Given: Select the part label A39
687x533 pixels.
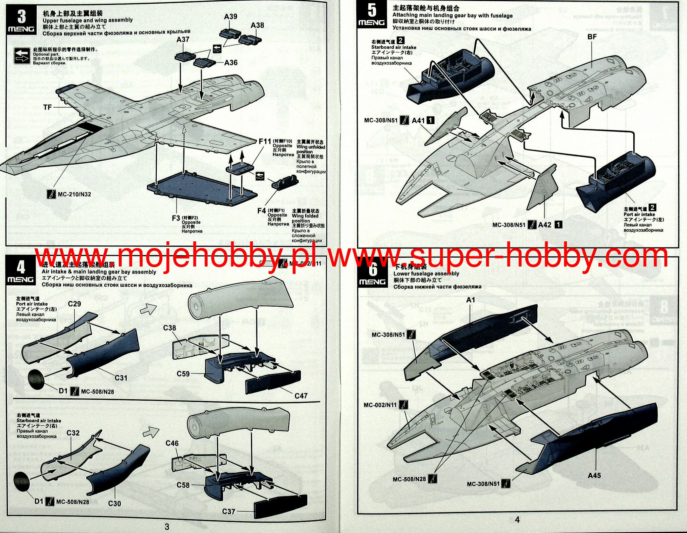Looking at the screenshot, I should (230, 16).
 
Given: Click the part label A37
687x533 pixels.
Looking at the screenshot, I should (183, 40).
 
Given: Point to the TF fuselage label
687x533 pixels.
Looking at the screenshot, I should (47, 107).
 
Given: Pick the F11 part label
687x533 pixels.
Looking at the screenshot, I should (265, 141).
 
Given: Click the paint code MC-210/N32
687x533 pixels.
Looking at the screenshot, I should (74, 194).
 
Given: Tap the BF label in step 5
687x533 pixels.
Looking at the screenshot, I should (592, 37).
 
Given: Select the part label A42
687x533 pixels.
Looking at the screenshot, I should (544, 225).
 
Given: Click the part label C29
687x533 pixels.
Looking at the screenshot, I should (74, 304).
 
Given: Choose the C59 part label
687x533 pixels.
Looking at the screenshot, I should (183, 374).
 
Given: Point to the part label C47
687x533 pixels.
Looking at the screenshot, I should (301, 396).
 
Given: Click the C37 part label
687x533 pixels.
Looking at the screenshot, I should (228, 511).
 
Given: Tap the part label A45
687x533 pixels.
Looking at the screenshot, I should (594, 475).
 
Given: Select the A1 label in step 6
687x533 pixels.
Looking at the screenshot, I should (471, 300).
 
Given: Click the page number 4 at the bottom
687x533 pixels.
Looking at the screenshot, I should (517, 520).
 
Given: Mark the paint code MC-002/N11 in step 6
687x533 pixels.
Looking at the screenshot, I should (380, 405).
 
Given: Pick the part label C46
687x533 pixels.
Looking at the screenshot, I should (172, 443).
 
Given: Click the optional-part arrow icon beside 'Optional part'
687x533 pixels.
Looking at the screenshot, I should (22, 56).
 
